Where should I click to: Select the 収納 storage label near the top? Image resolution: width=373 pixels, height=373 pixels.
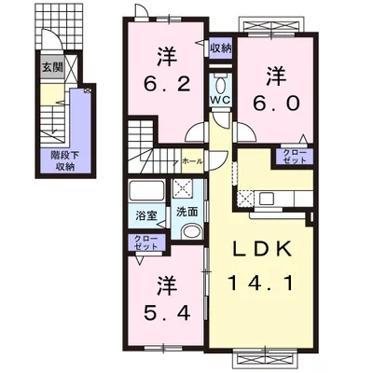point(220,48)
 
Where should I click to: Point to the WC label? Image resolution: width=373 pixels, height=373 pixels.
point(220,99)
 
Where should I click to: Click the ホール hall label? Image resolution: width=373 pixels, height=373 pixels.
point(192,161)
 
